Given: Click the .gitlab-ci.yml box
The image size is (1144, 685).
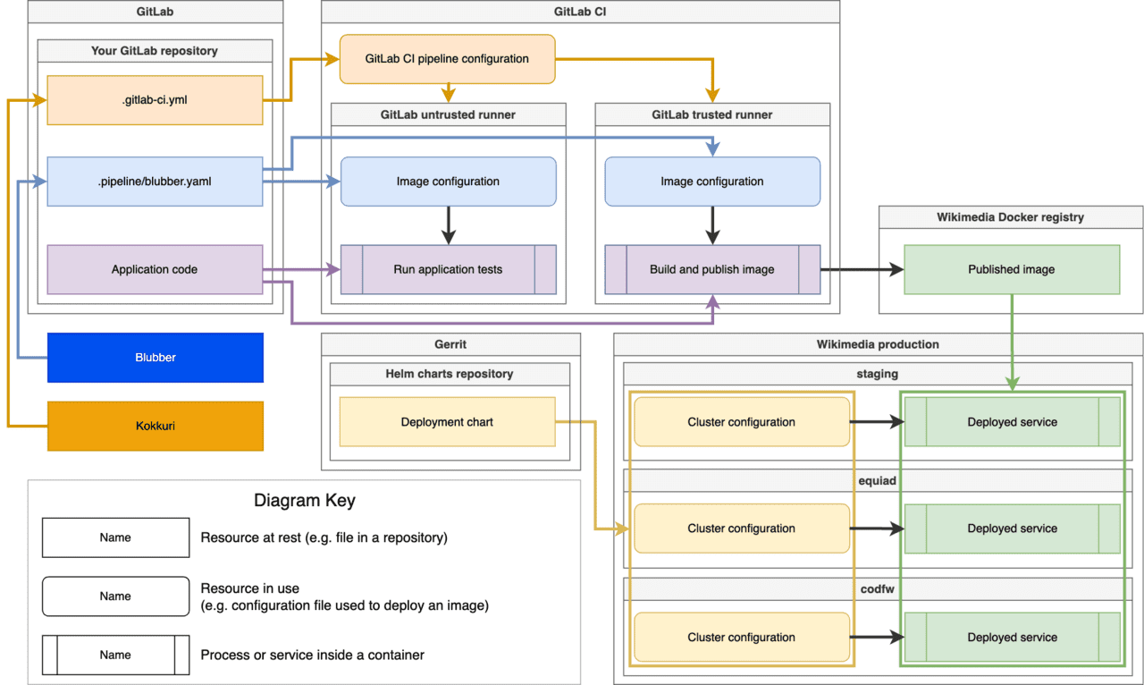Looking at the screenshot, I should (x=155, y=100).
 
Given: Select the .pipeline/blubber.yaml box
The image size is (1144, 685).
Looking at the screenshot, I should (x=155, y=182).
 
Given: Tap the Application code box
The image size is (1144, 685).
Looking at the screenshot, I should (x=155, y=269).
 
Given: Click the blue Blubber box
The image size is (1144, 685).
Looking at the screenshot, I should (x=155, y=358).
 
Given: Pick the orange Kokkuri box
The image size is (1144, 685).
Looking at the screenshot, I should (x=155, y=426).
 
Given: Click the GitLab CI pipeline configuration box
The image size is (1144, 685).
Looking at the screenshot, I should (x=447, y=59).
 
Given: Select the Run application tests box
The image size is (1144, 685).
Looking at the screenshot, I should (x=448, y=269).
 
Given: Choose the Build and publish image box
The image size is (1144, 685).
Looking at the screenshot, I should (x=712, y=269).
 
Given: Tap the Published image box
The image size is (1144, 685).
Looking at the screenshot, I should (x=1012, y=269).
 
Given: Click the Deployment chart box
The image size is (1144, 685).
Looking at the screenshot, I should (x=447, y=422).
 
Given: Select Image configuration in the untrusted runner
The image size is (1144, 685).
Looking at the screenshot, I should (x=448, y=182).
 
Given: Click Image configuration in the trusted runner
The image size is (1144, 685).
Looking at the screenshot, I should (x=712, y=182).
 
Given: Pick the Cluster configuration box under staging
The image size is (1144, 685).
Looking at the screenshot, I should (x=741, y=422).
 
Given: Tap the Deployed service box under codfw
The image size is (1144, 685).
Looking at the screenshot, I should (x=1012, y=638).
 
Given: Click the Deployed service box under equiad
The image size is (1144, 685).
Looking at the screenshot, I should (x=1012, y=529).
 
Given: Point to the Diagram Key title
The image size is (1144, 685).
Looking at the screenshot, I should (x=305, y=501).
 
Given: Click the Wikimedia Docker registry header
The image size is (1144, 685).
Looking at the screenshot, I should (x=1011, y=217).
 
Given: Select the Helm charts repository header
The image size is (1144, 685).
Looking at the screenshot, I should (x=450, y=374).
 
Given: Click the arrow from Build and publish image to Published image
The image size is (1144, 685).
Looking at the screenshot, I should (x=858, y=269).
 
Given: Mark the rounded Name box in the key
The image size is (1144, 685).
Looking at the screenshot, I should (x=115, y=596).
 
